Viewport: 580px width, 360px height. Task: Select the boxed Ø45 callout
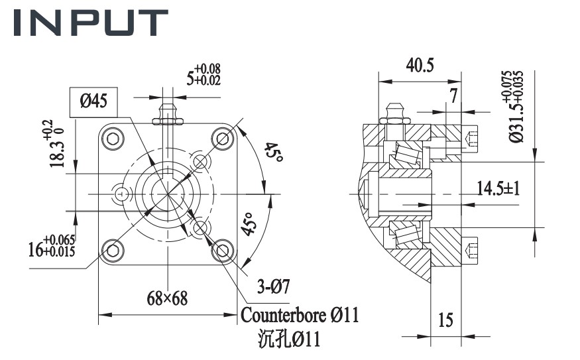point(94,101)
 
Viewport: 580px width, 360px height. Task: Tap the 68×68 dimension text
point(167,298)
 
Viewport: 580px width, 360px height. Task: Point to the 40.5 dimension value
point(420,65)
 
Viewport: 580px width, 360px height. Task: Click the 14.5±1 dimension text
point(498,188)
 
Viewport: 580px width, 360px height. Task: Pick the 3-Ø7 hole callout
point(272,286)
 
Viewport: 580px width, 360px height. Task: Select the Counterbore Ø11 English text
point(300,315)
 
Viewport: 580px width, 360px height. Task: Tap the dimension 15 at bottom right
point(446,320)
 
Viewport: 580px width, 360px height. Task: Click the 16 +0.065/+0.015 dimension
point(52,246)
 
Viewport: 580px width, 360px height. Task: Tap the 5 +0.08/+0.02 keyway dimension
point(203,74)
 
